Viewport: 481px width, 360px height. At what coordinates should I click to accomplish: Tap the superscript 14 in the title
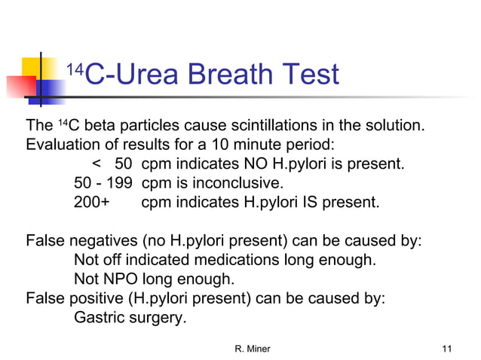coord(73,69)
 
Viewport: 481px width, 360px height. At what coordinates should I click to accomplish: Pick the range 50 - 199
coord(103,183)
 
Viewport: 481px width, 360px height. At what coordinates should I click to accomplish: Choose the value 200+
coord(91,203)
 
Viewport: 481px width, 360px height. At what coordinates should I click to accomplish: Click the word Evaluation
coord(62,144)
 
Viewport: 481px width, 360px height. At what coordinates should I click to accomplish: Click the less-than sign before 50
coord(96,163)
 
